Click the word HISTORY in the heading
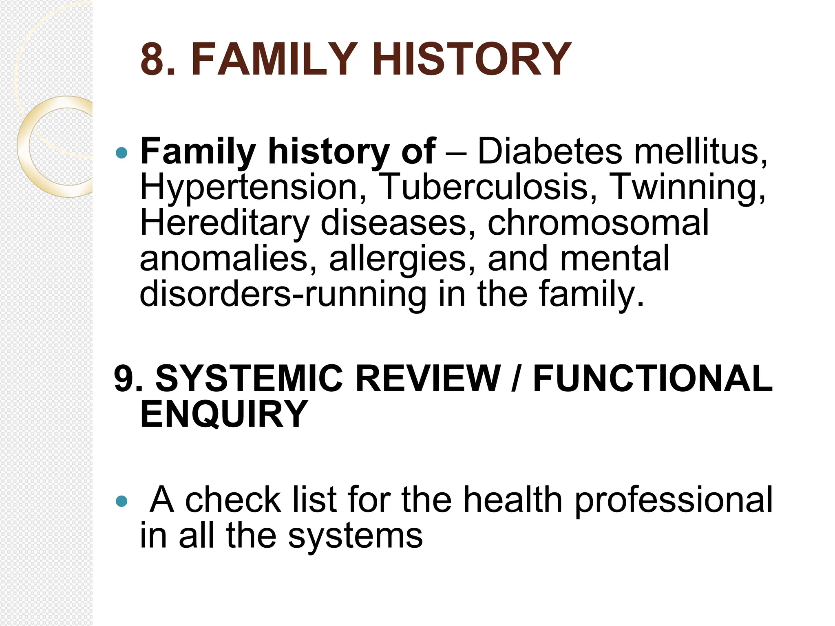472,60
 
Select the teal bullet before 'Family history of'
121,153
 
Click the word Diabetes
550,152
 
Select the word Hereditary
225,223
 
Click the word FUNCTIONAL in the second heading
653,379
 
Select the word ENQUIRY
224,414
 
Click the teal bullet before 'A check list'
121,501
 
